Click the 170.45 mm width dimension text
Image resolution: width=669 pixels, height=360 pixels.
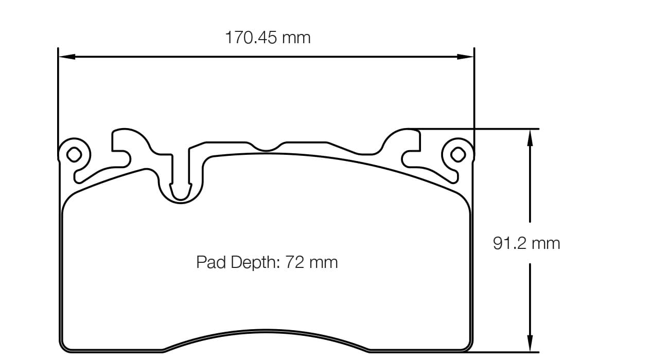pyautogui.click(x=268, y=38)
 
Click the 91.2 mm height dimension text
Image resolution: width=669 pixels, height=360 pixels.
pyautogui.click(x=526, y=243)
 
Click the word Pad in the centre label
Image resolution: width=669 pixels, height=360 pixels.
pyautogui.click(x=210, y=262)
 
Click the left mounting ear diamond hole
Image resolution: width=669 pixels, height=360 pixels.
pyautogui.click(x=74, y=153)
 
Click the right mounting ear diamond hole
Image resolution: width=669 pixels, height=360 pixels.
pyautogui.click(x=457, y=153)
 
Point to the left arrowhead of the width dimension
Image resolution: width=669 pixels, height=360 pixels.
pyautogui.click(x=66, y=57)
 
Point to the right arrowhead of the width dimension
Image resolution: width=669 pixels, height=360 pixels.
pyautogui.click(x=466, y=57)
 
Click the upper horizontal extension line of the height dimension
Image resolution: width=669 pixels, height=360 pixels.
pyautogui.click(x=494, y=129)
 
